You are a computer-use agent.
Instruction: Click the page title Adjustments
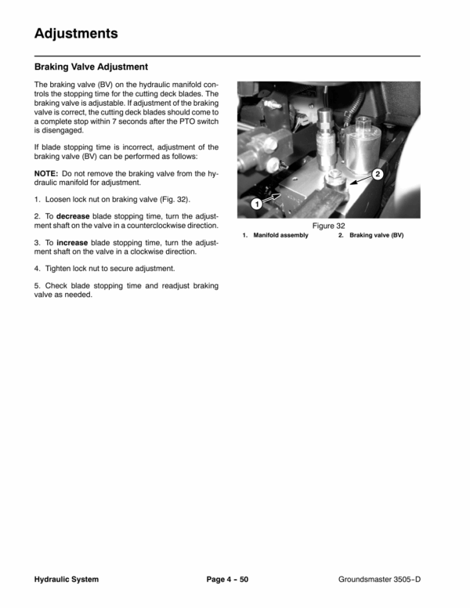pyautogui.click(x=76, y=34)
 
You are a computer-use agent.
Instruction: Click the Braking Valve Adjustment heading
pyautogui.click(x=91, y=67)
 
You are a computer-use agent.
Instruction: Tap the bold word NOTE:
pyautogui.click(x=46, y=173)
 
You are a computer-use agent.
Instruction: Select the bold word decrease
pyautogui.click(x=73, y=216)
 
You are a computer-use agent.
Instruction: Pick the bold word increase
pyautogui.click(x=72, y=243)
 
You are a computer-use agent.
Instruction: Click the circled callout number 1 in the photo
pyautogui.click(x=256, y=203)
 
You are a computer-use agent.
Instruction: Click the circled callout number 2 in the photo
pyautogui.click(x=378, y=174)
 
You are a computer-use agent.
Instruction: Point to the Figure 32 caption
pyautogui.click(x=328, y=226)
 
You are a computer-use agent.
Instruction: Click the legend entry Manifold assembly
pyautogui.click(x=280, y=235)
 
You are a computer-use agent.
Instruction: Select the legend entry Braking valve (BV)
pyautogui.click(x=377, y=235)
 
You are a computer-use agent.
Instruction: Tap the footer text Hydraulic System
pyautogui.click(x=67, y=579)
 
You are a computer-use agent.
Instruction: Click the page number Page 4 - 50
pyautogui.click(x=227, y=579)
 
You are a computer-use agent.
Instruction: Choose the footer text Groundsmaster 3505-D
pyautogui.click(x=379, y=579)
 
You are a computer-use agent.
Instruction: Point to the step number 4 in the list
pyautogui.click(x=37, y=268)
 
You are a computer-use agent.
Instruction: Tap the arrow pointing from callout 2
pyautogui.click(x=360, y=180)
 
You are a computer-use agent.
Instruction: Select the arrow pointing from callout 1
pyautogui.click(x=272, y=198)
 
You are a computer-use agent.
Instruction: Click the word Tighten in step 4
pyautogui.click(x=58, y=268)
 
